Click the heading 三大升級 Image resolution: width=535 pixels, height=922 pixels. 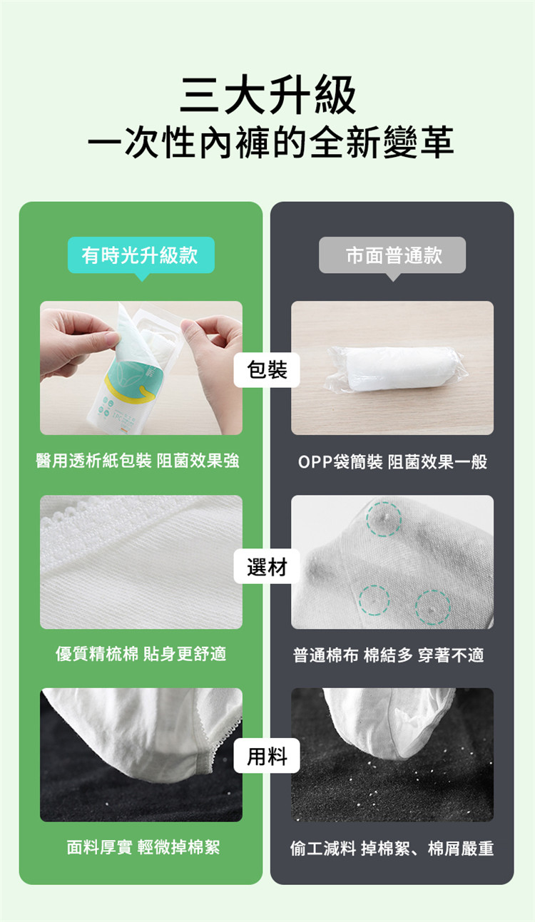pos(267,95)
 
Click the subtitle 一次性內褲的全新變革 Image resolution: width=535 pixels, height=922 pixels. pos(270,143)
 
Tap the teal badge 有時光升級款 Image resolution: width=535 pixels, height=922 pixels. pos(141,255)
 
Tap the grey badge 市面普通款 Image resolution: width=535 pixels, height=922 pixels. pos(392,255)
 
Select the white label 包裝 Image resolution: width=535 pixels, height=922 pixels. pos(267,369)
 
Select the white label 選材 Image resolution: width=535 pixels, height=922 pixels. pos(267,567)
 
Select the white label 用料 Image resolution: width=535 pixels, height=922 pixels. pos(267,756)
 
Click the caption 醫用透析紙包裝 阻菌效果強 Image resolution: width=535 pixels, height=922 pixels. pos(138,461)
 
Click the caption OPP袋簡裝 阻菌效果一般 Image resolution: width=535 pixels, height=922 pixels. pos(392,461)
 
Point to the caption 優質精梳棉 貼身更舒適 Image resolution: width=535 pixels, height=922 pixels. pos(141,654)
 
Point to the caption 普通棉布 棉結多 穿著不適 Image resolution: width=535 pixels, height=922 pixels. pos(388,655)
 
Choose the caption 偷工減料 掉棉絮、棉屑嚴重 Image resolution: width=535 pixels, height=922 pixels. pos(392,849)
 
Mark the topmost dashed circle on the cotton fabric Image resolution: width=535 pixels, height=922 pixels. pos(384,518)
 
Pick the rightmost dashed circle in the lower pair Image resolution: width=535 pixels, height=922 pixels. pos(432,607)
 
